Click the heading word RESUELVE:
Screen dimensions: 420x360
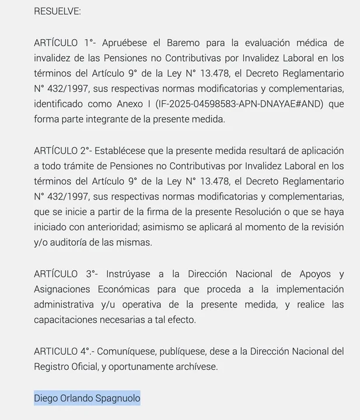pyautogui.click(x=58, y=11)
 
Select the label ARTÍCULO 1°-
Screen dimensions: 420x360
pyautogui.click(x=65, y=43)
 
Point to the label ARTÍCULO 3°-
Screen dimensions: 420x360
pyautogui.click(x=65, y=274)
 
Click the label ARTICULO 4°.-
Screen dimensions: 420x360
pyautogui.click(x=63, y=351)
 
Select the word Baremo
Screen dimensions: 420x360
pyautogui.click(x=187, y=43)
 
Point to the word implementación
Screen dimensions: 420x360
pyautogui.click(x=310, y=289)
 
